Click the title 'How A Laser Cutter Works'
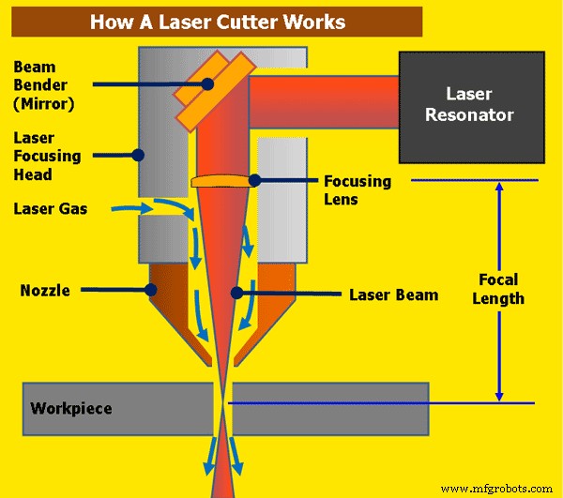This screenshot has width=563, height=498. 217,22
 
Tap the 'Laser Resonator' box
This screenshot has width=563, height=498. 471,104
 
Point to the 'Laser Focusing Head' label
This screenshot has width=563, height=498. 46,156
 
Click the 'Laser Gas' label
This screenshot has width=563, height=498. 51,208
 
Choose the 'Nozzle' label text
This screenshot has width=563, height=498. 45,291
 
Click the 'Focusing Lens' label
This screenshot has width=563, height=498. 358,189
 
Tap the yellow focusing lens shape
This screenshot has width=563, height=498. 221,180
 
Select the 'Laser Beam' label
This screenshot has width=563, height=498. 393,294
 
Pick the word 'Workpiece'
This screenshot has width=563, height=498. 71,408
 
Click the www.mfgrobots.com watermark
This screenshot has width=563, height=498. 497,488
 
